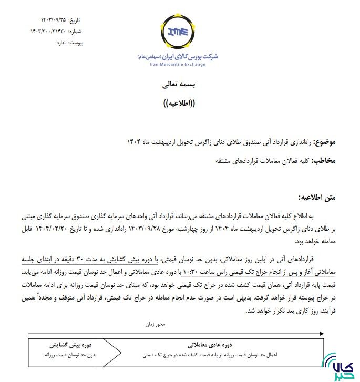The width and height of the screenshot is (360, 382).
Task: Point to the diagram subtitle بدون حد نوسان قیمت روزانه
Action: click(x=67, y=355)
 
